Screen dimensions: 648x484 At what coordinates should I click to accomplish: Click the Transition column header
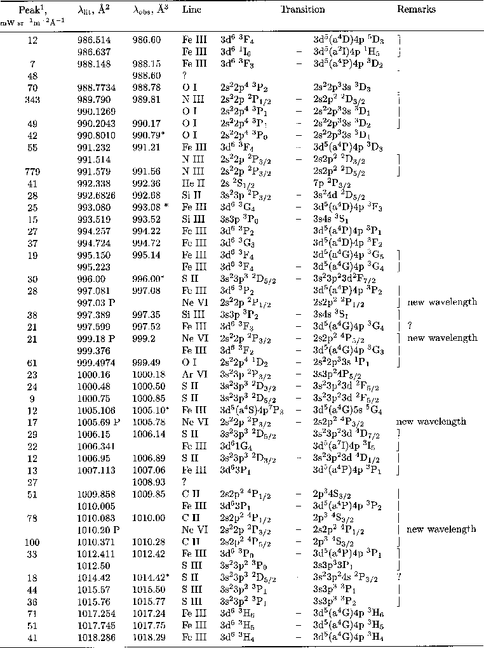303,10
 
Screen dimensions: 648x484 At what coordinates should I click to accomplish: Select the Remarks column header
416,10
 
